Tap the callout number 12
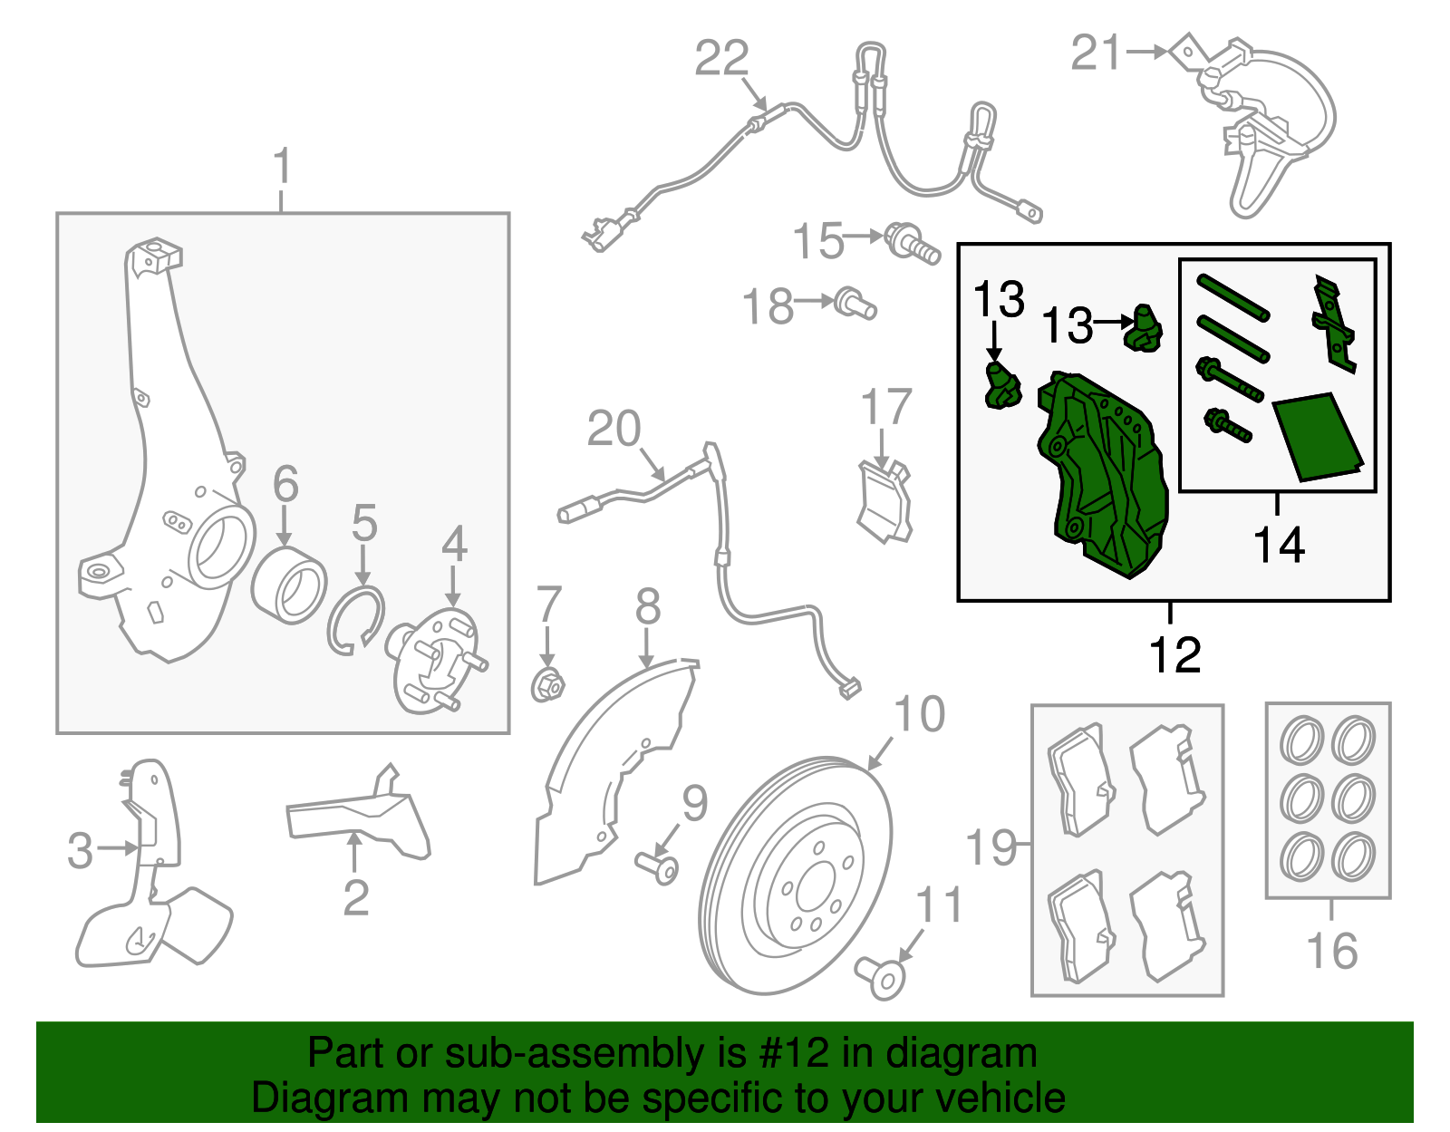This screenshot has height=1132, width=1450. [1174, 654]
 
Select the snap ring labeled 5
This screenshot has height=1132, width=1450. [355, 620]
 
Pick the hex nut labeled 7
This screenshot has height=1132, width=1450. [547, 685]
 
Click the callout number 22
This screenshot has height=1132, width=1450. [721, 58]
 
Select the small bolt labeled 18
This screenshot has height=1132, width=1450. [855, 304]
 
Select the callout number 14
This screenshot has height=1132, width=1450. [1279, 545]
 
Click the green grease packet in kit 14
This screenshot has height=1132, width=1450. [1318, 436]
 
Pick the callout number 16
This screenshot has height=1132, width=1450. [1331, 951]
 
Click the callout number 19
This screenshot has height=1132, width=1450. [991, 847]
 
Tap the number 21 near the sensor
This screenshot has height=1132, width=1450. [1096, 53]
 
